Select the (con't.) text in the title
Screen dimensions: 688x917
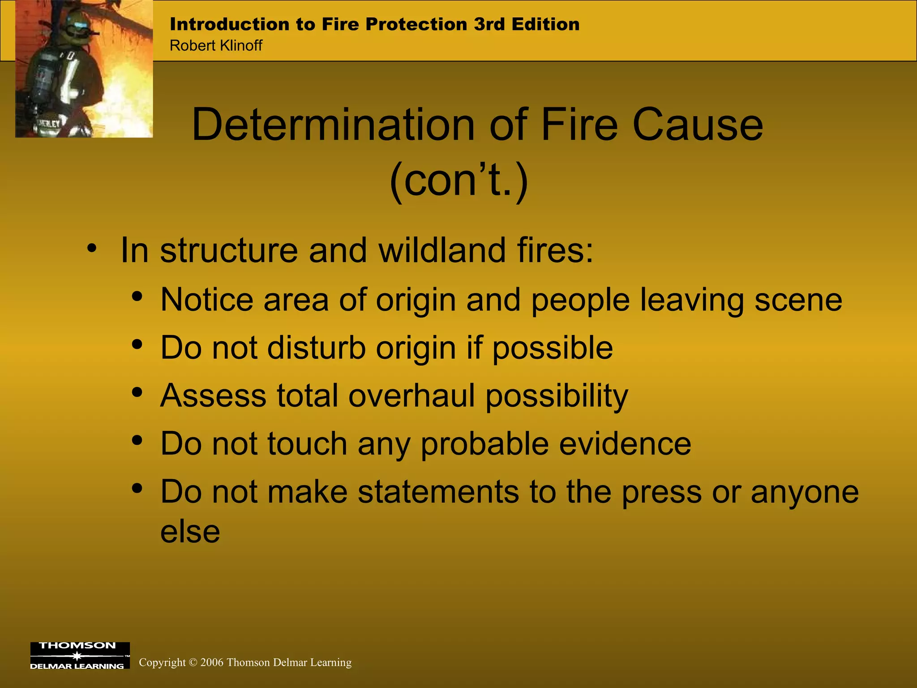click(459, 180)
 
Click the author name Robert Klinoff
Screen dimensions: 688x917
click(216, 45)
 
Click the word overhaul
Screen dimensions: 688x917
click(411, 396)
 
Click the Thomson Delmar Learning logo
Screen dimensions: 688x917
click(80, 655)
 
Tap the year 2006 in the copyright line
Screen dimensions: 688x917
click(211, 662)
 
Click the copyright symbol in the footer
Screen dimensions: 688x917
click(193, 662)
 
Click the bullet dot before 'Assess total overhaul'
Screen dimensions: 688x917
click(137, 393)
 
